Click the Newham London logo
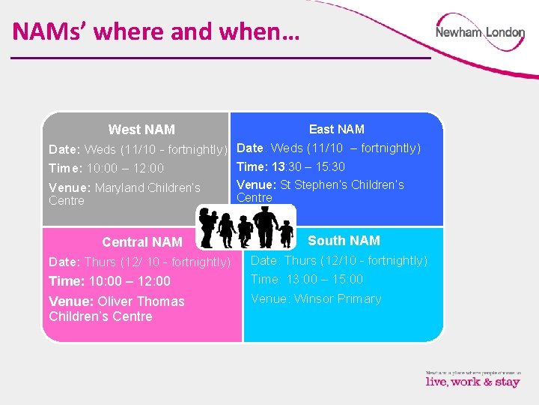point(480,33)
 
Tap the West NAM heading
point(141,130)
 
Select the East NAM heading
point(337,129)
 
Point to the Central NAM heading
point(141,242)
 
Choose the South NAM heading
point(344,241)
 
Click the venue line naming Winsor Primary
point(316,298)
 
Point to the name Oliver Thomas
point(141,301)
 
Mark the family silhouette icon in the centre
point(244,227)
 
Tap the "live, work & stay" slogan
point(472,382)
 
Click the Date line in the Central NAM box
point(139,262)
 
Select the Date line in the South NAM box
point(338,260)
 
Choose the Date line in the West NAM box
point(138,149)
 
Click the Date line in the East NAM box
point(329,148)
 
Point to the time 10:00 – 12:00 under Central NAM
point(109,281)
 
